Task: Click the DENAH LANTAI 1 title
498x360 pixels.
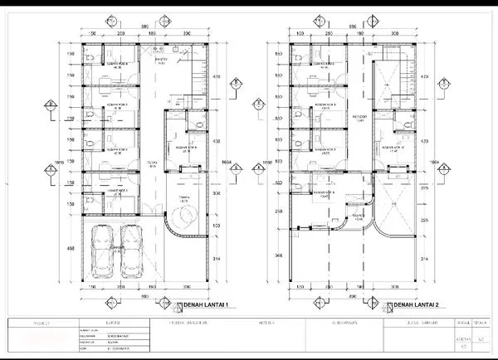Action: pyautogui.click(x=205, y=305)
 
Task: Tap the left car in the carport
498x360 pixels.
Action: pyautogui.click(x=103, y=252)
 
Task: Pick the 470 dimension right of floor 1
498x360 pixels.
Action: pyautogui.click(x=218, y=77)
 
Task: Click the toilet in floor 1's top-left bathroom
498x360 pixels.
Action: pyautogui.click(x=86, y=56)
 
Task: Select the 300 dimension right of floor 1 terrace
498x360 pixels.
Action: pyautogui.click(x=218, y=192)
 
